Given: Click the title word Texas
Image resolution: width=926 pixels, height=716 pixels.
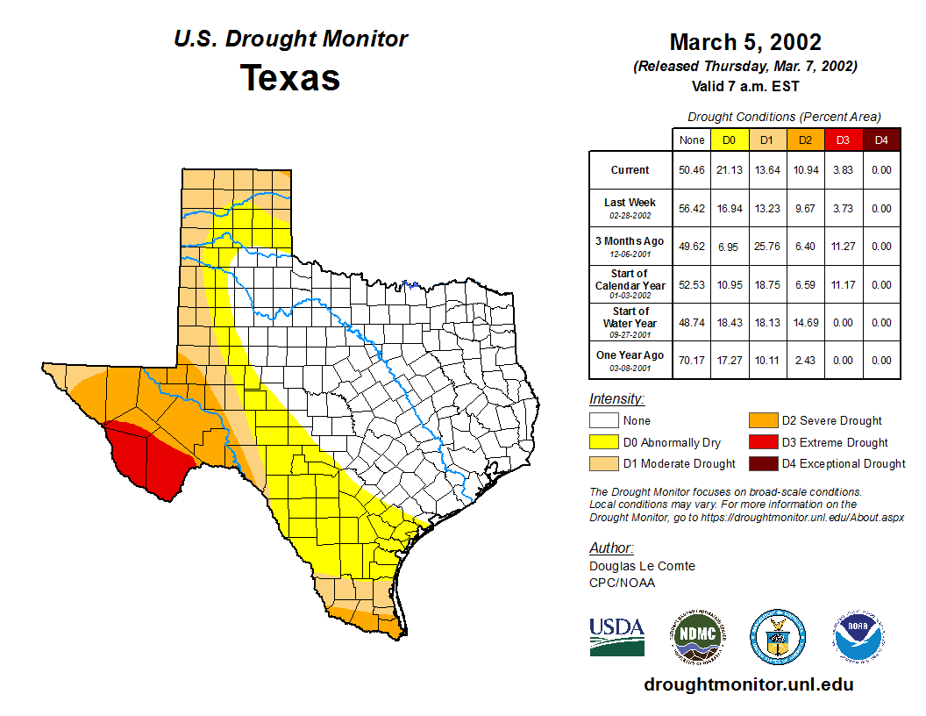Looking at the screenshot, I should pyautogui.click(x=290, y=77).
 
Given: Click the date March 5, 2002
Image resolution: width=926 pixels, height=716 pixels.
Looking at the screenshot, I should pyautogui.click(x=744, y=42).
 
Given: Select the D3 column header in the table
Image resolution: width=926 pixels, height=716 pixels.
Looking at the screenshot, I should pyautogui.click(x=843, y=140).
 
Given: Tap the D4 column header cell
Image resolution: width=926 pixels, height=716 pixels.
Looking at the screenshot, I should pyautogui.click(x=881, y=140).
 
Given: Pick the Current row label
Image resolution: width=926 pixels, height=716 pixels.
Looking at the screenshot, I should pyautogui.click(x=630, y=170).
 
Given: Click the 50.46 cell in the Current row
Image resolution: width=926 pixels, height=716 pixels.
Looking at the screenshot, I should pyautogui.click(x=692, y=170).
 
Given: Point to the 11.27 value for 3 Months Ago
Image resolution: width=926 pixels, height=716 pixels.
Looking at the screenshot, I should pyautogui.click(x=843, y=247).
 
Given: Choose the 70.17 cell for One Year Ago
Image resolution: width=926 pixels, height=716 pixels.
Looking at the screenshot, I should pyautogui.click(x=692, y=360).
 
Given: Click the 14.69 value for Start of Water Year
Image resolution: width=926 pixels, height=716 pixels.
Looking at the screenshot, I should pyautogui.click(x=804, y=322).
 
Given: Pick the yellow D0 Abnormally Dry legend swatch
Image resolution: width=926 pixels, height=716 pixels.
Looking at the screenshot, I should pyautogui.click(x=604, y=442).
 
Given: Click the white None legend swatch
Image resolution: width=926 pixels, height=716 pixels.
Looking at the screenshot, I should pyautogui.click(x=604, y=421).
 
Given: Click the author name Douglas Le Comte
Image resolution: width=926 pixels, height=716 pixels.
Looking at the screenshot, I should pyautogui.click(x=642, y=566).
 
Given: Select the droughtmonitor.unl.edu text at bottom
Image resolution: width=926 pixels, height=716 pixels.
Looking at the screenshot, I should pyautogui.click(x=748, y=684).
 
